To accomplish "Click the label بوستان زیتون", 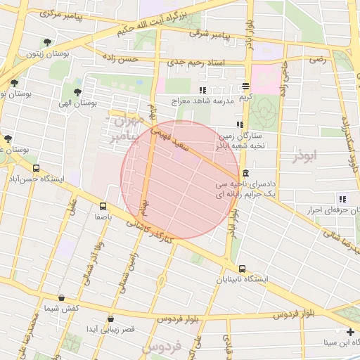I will tap(40, 53).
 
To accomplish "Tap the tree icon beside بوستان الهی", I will tap(77, 91).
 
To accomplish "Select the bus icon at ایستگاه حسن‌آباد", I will tap(36, 169).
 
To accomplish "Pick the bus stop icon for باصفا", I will tap(103, 206).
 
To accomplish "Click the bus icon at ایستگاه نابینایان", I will tap(242, 269).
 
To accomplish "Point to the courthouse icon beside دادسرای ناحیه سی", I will tap(245, 174).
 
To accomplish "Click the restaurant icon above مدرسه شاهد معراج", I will tap(202, 90).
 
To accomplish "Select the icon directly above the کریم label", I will tap(245, 86).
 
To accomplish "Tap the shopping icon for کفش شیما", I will tap(62, 298).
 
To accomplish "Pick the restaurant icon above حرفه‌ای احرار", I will tap(342, 199).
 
